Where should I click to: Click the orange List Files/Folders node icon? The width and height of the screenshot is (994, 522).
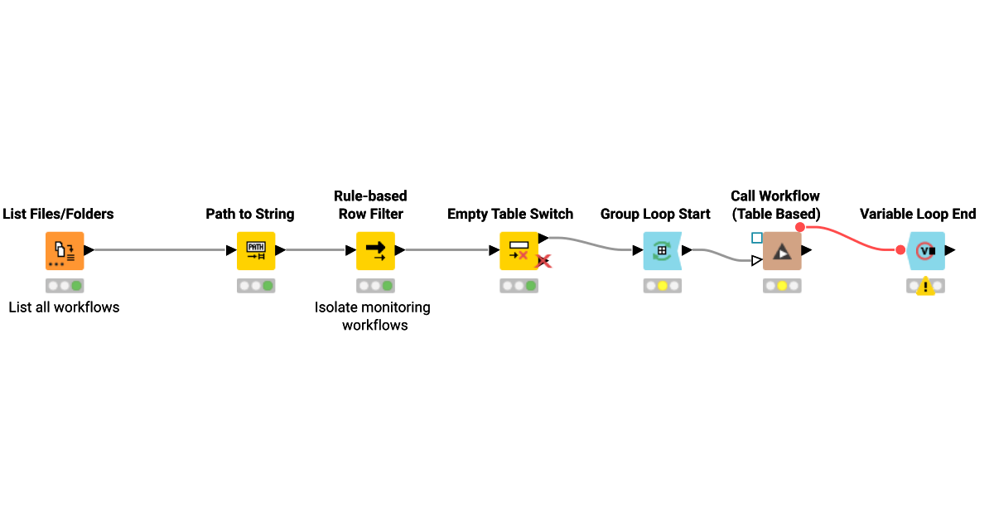65,250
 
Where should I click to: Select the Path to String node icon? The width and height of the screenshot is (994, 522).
256,250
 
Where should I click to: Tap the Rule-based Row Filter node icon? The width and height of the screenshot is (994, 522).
375,250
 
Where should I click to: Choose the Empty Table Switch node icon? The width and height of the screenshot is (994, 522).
519,250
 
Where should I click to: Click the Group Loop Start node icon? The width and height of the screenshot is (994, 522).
662,250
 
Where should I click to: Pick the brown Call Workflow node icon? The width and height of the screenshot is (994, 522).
781,250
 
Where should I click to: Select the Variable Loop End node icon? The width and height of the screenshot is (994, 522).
925,250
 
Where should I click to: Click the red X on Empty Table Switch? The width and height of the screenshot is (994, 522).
543,262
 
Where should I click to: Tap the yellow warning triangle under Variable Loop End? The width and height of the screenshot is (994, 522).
925,288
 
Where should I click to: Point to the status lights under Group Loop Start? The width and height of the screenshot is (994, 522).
662,286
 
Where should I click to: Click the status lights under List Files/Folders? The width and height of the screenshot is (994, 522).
65,286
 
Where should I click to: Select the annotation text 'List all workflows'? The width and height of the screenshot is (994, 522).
65,307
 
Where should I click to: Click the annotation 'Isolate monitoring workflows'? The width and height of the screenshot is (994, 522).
373,317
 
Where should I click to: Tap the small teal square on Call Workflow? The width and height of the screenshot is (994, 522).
756,238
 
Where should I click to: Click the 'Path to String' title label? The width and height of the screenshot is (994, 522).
250,214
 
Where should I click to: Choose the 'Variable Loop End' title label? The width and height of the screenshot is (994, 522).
918,214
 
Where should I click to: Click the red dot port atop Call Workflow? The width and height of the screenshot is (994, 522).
799,227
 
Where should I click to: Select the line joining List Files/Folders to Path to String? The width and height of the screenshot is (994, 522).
157,250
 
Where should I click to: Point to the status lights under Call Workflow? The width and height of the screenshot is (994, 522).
781,286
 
